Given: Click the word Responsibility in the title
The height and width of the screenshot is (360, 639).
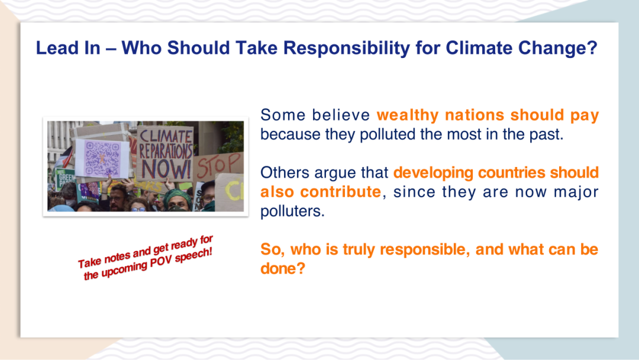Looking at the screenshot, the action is [346, 48].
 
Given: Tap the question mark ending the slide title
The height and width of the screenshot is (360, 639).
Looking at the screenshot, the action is [592, 48].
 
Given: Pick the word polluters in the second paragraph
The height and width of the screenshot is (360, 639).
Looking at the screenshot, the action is [292, 211].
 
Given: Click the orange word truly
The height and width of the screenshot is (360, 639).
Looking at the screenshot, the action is [358, 249].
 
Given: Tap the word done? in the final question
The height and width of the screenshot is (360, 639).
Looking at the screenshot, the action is [283, 268].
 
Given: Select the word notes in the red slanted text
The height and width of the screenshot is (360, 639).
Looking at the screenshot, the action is [117, 257].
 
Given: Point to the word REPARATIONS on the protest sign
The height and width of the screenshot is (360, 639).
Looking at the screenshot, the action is [166, 150].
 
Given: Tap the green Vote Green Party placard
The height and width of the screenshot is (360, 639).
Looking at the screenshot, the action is [64, 179].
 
